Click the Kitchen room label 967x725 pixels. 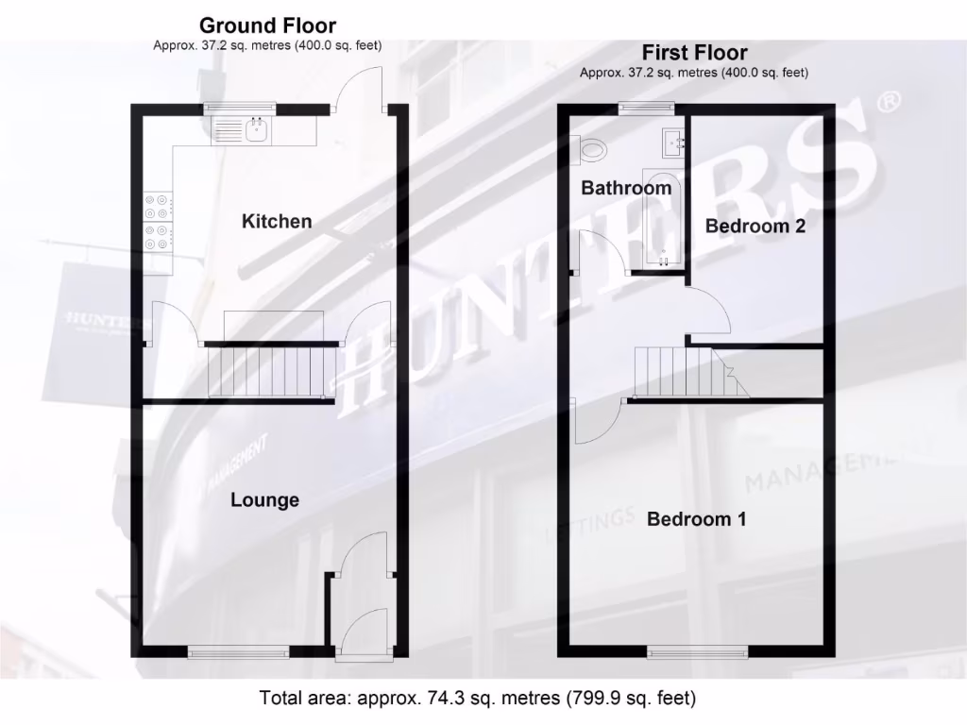277,222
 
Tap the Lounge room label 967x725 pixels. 265,500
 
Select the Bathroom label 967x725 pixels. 626,188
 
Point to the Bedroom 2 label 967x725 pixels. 755,227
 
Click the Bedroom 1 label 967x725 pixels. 696,519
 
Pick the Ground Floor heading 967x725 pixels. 267,25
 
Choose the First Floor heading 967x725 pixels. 694,53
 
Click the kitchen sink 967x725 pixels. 256,130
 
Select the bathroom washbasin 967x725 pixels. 674,142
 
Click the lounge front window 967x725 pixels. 239,651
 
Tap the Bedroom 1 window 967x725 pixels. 697,651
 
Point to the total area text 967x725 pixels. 478,699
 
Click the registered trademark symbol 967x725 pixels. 888,101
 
